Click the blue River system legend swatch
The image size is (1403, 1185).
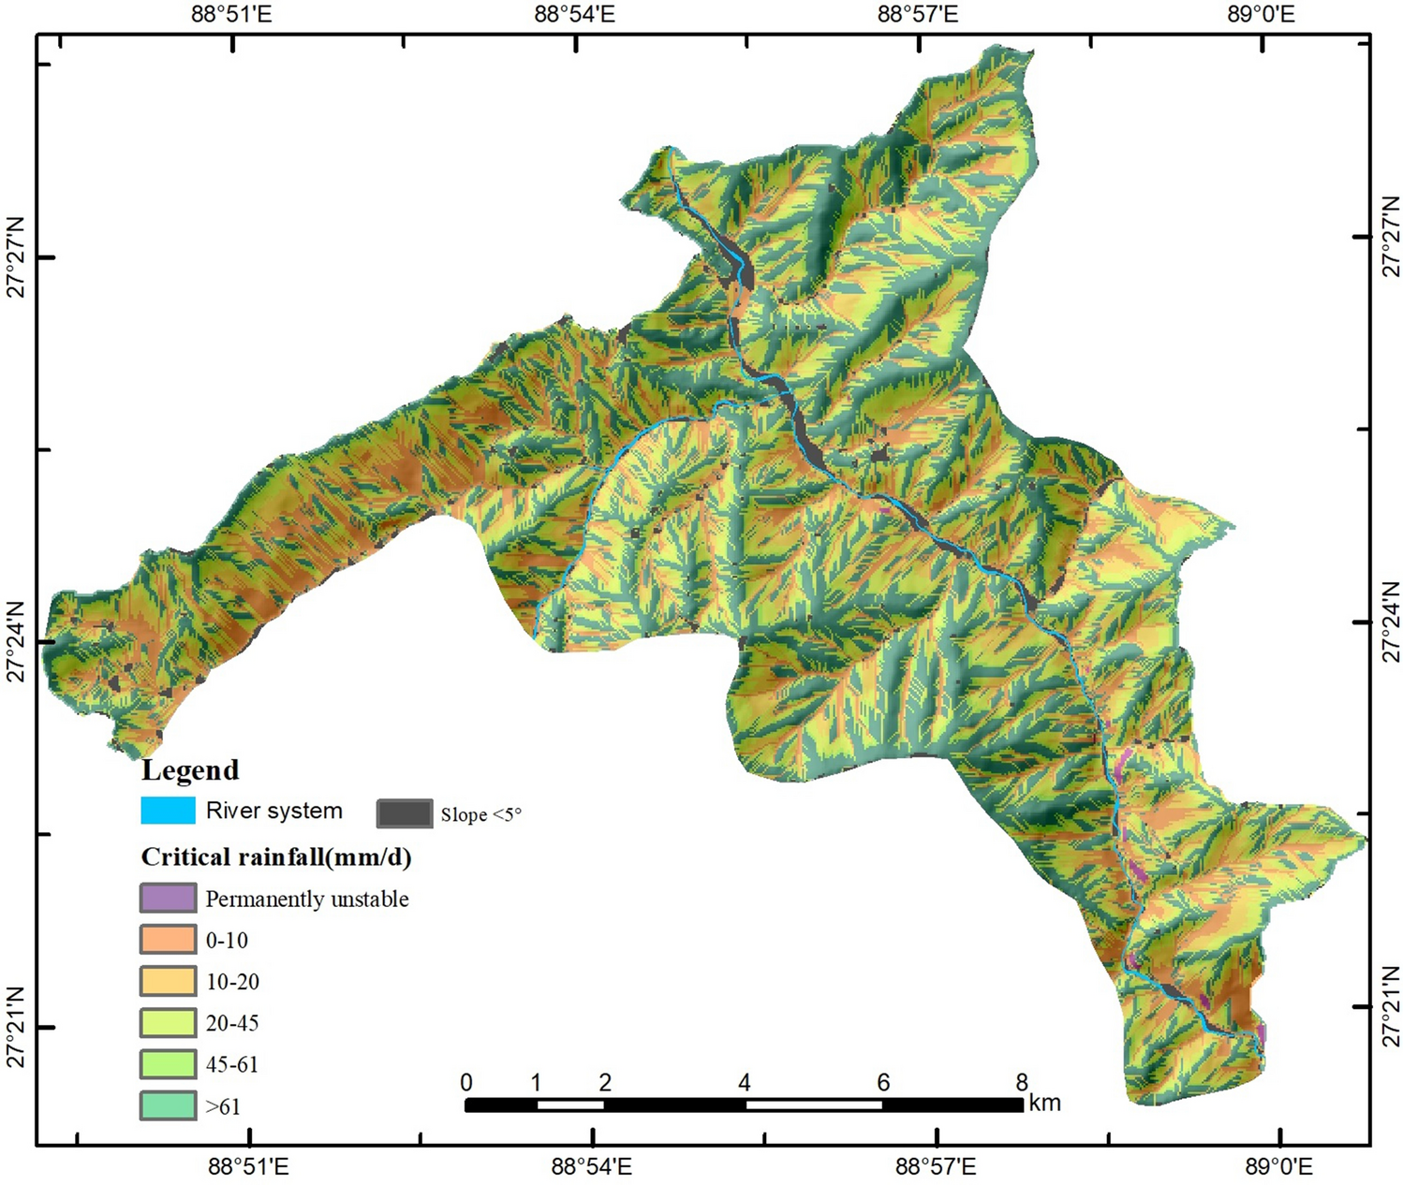coord(168,811)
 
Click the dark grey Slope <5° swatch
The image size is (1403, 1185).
coord(404,813)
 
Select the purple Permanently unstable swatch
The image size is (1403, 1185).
coord(168,899)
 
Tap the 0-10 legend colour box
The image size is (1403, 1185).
coord(168,940)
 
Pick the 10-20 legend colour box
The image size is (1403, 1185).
coord(168,981)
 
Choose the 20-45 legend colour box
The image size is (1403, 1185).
coord(168,1023)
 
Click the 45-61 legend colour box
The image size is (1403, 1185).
coord(168,1064)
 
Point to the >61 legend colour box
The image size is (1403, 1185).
coord(168,1106)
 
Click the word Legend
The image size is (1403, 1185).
coord(190,770)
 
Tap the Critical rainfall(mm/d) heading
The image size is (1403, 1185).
coord(276,857)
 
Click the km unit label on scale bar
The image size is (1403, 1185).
coord(1044,1103)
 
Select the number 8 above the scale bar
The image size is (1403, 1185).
coord(1022,1083)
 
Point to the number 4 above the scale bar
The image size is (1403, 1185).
coord(745,1083)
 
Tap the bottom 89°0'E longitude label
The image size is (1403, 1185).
coord(1262,1167)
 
